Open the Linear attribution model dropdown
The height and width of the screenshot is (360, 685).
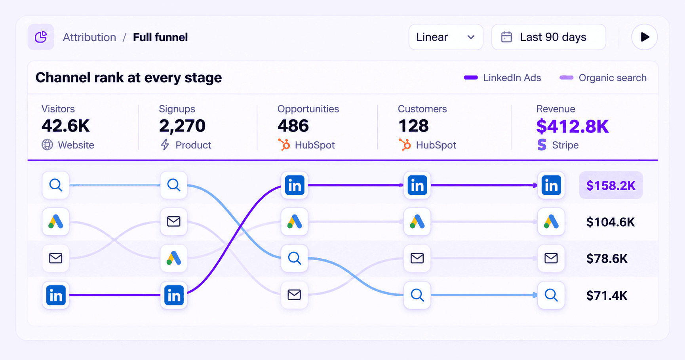(x=445, y=37)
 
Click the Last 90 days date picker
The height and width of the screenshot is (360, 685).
(x=549, y=37)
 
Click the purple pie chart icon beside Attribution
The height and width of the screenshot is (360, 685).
(x=41, y=37)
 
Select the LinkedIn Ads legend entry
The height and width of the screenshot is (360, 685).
(x=502, y=78)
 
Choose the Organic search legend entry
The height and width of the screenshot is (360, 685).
(x=603, y=78)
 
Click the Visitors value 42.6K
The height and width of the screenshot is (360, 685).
(x=66, y=126)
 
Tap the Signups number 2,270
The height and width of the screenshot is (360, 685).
(x=182, y=126)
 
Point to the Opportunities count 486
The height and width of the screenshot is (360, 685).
(x=293, y=126)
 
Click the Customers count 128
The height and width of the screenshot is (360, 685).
(x=413, y=126)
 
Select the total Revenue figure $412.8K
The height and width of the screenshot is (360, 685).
(x=573, y=126)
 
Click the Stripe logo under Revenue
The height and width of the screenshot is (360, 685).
(x=542, y=145)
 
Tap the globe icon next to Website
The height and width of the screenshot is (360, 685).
(x=47, y=145)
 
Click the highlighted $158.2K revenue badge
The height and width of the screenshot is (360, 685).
(x=611, y=185)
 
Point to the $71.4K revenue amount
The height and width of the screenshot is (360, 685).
(x=607, y=295)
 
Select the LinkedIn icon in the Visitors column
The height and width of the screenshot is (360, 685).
(x=56, y=295)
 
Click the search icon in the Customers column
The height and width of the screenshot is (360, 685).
(x=417, y=295)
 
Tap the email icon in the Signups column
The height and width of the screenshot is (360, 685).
(x=174, y=221)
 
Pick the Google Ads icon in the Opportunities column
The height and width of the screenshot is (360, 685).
(x=295, y=222)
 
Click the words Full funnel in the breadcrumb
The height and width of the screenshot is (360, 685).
(x=160, y=37)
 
